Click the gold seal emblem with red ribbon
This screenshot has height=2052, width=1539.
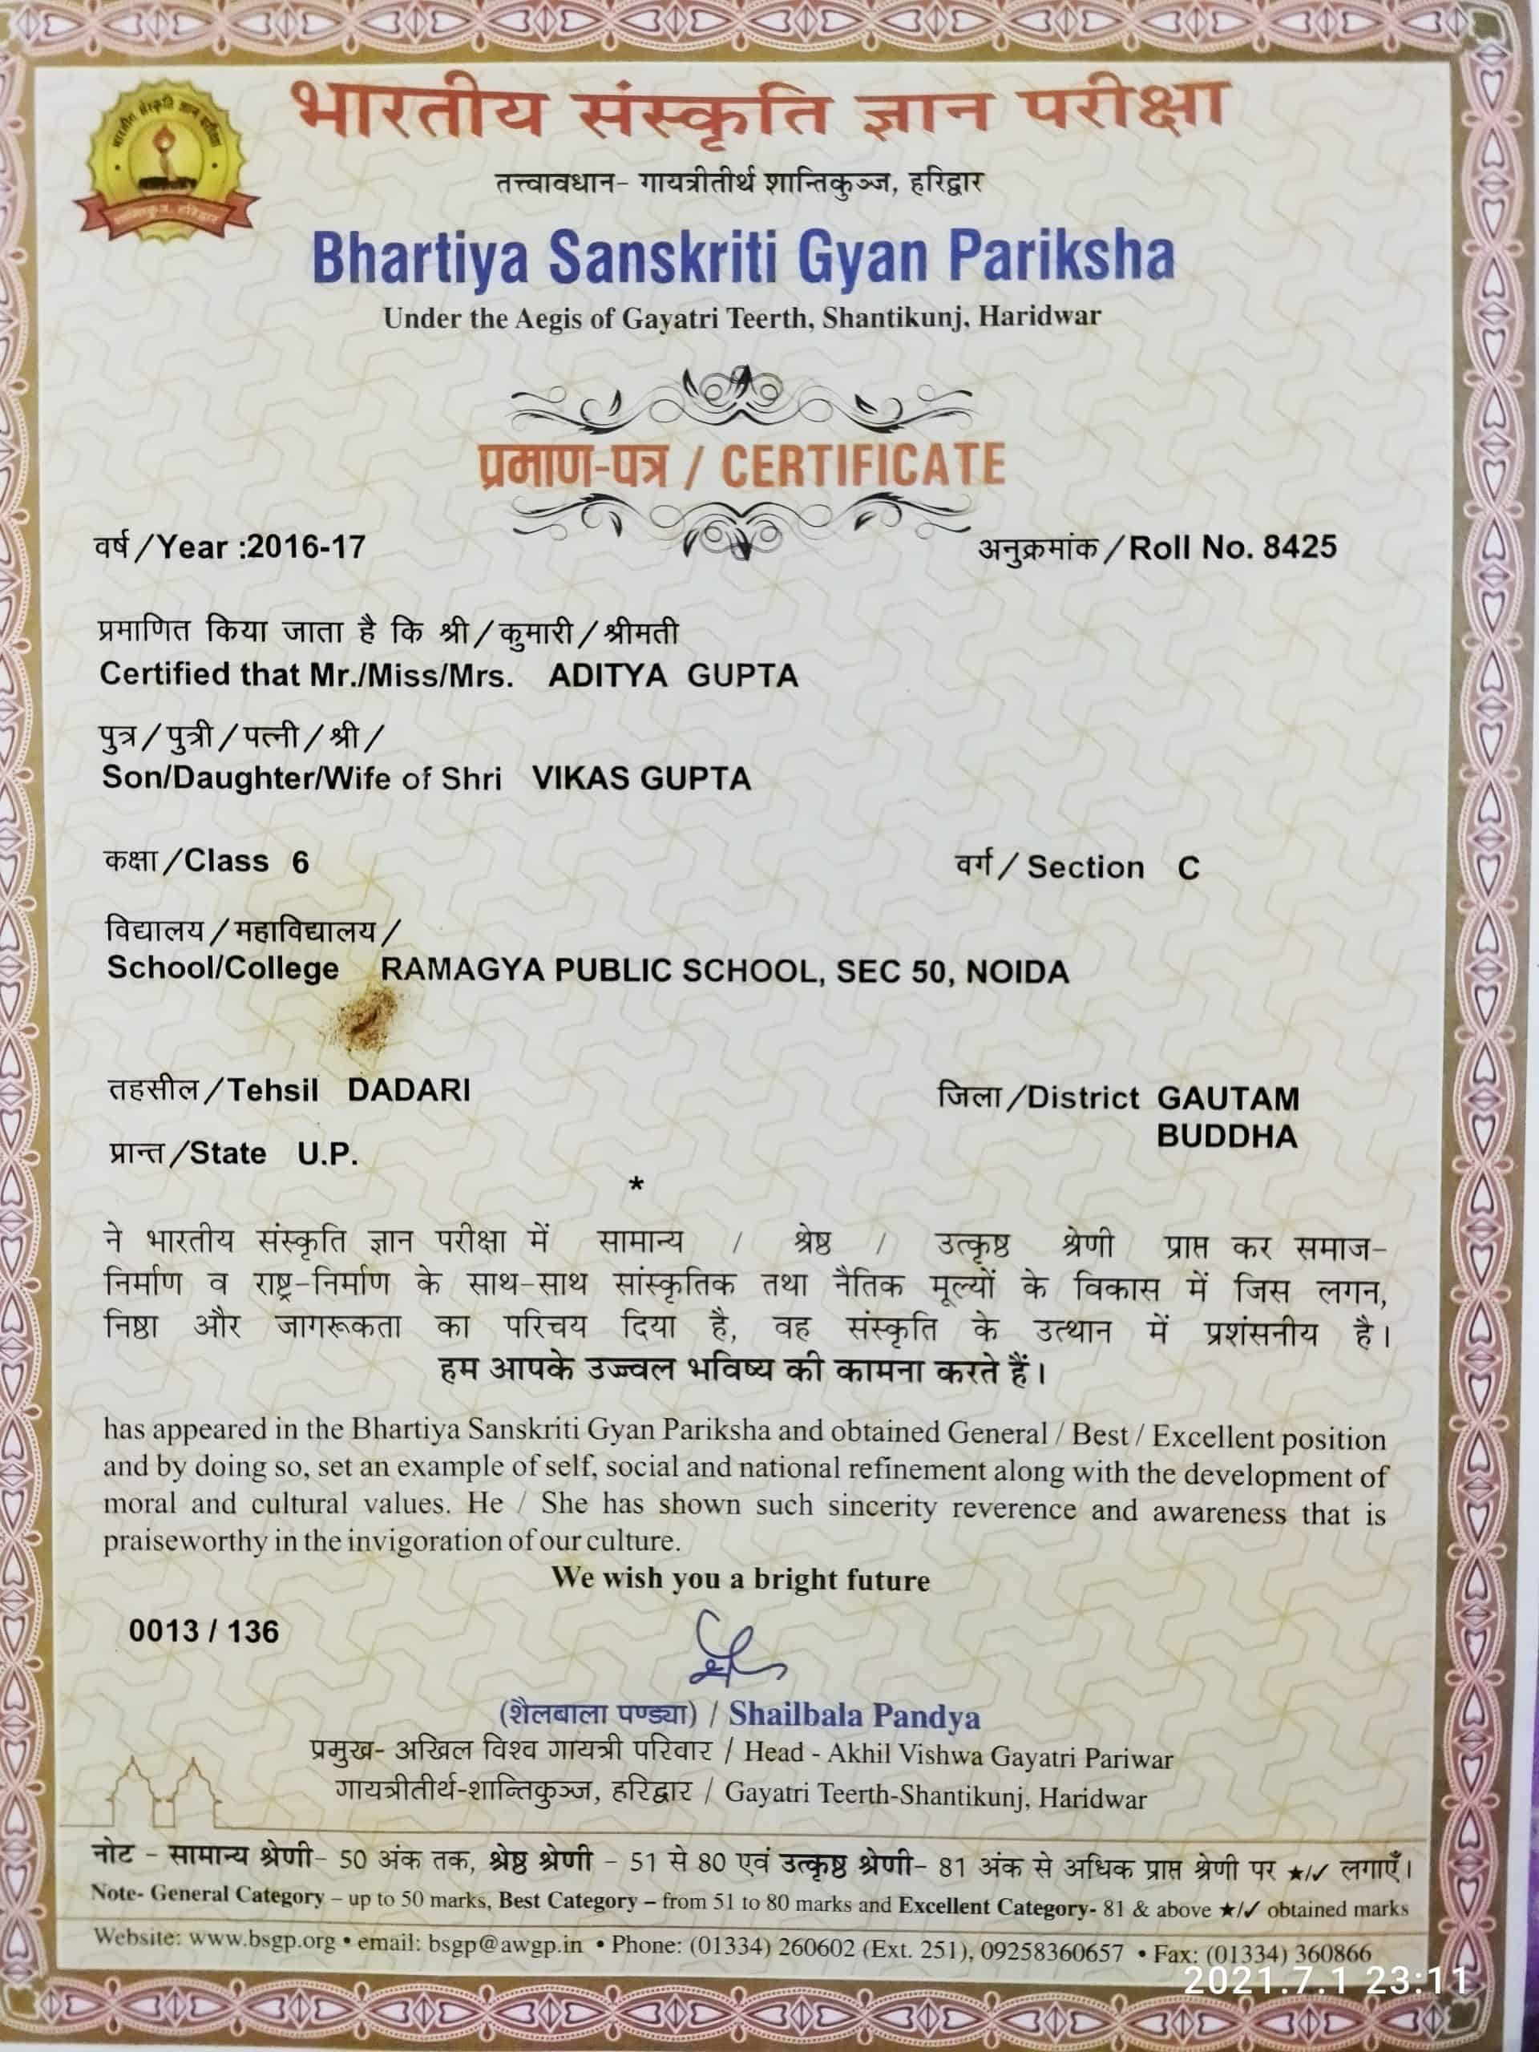[x=167, y=160]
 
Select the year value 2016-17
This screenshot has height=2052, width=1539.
[x=306, y=547]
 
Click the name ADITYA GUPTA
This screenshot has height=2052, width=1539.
[x=673, y=676]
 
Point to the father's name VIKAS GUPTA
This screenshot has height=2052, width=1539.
[x=641, y=778]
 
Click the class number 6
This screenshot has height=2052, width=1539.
[x=300, y=862]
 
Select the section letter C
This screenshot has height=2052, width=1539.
[x=1189, y=868]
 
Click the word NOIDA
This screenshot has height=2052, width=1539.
[x=1018, y=972]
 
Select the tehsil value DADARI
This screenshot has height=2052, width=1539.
[x=408, y=1089]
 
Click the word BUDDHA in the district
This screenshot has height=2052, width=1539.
[x=1226, y=1137]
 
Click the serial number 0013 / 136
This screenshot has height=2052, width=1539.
[x=203, y=1632]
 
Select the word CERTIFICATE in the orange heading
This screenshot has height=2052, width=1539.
[x=862, y=466]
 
